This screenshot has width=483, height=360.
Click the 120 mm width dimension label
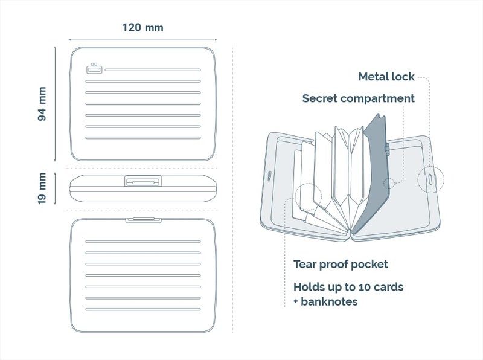coord(142,28)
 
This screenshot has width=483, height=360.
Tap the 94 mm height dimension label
coord(42,104)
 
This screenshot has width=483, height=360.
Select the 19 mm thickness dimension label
coord(42,188)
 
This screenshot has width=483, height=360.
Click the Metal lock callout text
coord(386,77)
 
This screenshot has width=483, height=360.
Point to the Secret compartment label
coord(358,98)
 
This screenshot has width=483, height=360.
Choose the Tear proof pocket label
coord(341,265)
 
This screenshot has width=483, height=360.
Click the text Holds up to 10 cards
coord(348,288)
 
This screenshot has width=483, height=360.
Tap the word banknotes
coord(329,301)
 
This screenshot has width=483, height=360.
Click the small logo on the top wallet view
coord(94,69)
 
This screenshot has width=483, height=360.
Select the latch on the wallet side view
coord(143,181)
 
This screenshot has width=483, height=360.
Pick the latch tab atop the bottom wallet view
coord(144,220)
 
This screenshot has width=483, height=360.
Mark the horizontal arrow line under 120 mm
coord(142,40)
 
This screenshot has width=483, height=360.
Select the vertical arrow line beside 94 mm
coord(55,104)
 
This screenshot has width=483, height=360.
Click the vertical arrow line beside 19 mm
coord(55,188)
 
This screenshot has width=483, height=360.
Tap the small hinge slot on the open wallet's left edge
coord(269,176)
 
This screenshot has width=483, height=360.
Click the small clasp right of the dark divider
coord(387,149)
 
